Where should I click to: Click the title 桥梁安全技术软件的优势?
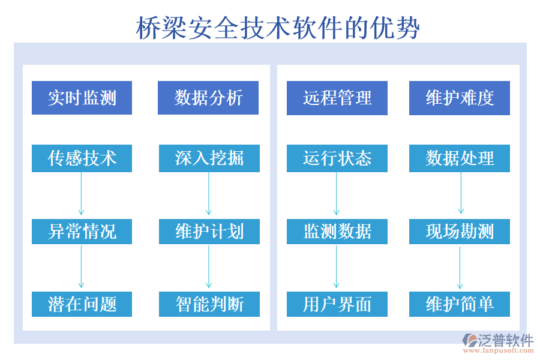pyautogui.click(x=278, y=27)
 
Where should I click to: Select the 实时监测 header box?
pyautogui.click(x=82, y=98)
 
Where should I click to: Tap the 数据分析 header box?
pyautogui.click(x=208, y=98)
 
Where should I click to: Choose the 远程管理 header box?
pyautogui.click(x=337, y=98)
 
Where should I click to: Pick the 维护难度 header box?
pyautogui.click(x=460, y=98)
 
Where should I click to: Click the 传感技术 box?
pyautogui.click(x=82, y=158)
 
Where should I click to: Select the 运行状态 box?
pyautogui.click(x=337, y=158)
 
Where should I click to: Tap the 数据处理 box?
pyautogui.click(x=460, y=158)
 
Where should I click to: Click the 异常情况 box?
pyautogui.click(x=82, y=231)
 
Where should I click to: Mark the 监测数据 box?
pyautogui.click(x=337, y=231)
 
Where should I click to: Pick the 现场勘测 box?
pyautogui.click(x=460, y=231)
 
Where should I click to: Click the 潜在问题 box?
pyautogui.click(x=82, y=304)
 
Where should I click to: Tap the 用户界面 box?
pyautogui.click(x=337, y=304)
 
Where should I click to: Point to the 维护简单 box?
pyautogui.click(x=460, y=304)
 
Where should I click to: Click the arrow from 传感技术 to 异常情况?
pyautogui.click(x=81, y=194)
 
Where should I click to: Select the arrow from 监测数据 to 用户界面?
pyautogui.click(x=336, y=267)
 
